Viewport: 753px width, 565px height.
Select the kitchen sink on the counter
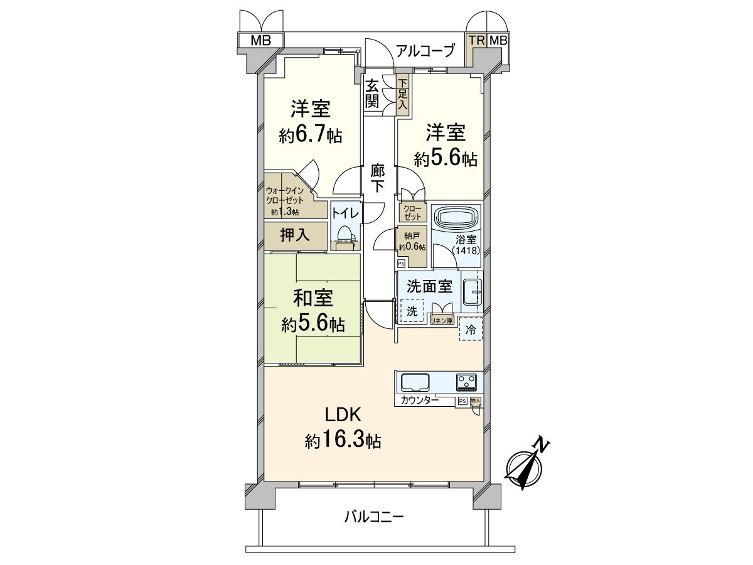[415, 382]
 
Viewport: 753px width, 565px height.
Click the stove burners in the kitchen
[466, 382]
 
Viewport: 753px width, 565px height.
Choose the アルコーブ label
[425, 51]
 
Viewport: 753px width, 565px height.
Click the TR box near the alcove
[477, 41]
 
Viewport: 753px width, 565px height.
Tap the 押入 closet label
[295, 235]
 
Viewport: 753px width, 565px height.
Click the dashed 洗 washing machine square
[412, 311]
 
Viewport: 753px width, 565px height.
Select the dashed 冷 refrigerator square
[471, 328]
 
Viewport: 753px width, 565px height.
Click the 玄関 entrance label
[372, 93]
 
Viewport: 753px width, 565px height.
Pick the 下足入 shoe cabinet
[402, 94]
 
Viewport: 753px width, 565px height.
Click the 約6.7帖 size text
[311, 134]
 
